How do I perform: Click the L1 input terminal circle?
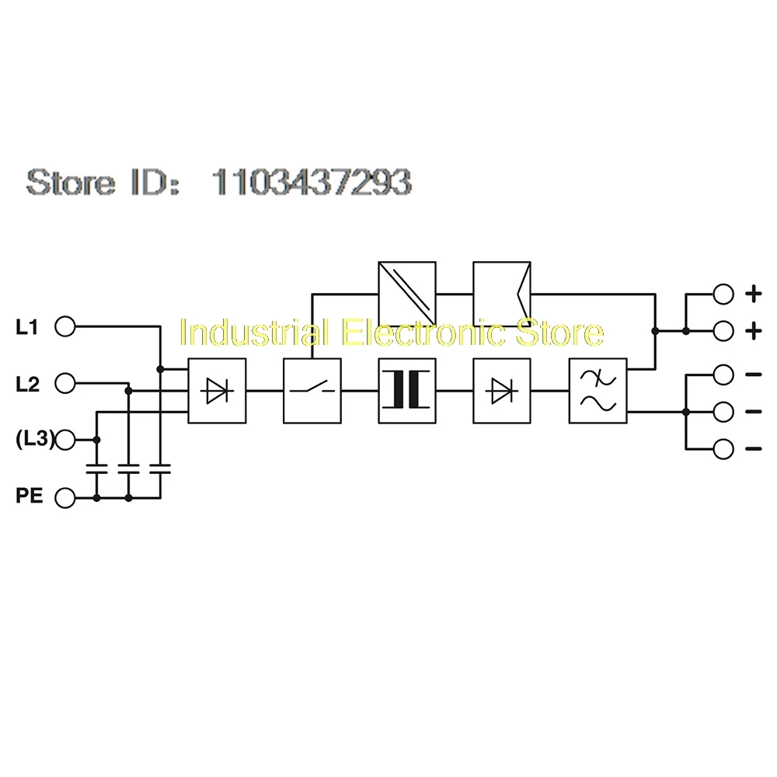65,326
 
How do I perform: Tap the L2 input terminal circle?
65,383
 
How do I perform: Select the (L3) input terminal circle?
65,440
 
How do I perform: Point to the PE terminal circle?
65,497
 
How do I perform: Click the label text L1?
26,327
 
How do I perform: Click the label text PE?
30,496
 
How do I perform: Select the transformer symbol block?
407,391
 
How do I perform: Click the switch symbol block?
312,391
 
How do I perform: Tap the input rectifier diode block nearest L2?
217,391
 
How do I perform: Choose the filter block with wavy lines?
598,391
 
